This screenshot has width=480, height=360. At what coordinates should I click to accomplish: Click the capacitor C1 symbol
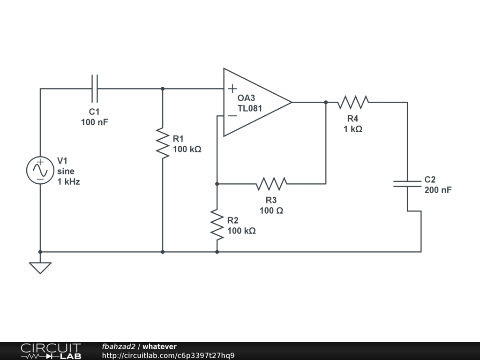pos(95,89)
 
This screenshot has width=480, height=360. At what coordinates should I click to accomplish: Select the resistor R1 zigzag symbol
pos(163,143)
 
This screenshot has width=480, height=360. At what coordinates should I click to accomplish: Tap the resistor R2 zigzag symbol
pos(217,225)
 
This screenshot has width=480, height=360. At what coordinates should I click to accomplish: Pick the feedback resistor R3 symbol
pos(271,184)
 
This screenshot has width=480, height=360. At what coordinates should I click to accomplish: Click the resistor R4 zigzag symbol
pos(353,102)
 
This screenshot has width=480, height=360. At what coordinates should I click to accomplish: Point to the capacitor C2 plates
pos(407,184)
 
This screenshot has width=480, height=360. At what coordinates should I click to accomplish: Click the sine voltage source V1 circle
pos(40,170)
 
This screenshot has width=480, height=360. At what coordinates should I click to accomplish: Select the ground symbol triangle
pos(40,268)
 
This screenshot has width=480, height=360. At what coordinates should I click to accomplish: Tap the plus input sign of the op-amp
pos(232,89)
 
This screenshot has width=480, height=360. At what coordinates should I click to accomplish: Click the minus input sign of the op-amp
pos(232,116)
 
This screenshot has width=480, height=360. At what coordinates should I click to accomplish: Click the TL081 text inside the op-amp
pos(250,108)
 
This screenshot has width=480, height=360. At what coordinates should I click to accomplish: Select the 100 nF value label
pos(95,122)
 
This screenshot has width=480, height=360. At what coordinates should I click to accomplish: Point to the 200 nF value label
pos(438,190)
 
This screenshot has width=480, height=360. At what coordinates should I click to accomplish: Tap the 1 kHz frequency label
pos(68,181)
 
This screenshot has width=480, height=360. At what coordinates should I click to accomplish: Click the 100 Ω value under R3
pos(271,210)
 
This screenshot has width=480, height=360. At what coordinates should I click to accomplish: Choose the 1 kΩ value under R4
pos(353,129)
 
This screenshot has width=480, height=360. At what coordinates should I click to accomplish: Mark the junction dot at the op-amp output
pos(326,102)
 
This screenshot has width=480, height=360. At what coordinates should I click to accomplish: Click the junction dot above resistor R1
pos(163,89)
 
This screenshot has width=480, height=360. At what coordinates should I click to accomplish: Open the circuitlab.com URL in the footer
pos(168,355)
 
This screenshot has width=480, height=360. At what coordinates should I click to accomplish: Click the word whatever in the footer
pos(159,346)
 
